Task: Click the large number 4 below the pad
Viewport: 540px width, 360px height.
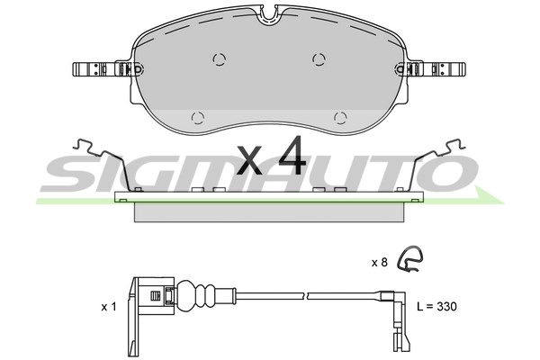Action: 292,158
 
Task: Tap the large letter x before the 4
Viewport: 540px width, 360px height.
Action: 251,162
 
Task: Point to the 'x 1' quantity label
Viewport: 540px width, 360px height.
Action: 109,307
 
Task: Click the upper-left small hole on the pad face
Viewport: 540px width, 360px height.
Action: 218,59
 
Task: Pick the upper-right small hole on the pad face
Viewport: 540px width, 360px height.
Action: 319,59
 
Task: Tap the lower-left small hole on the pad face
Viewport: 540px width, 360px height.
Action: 198,117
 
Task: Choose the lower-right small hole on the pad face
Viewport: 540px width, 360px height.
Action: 339,117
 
